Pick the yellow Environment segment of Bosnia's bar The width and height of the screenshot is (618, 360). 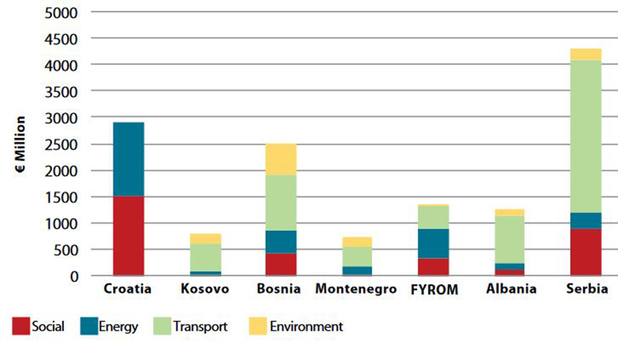pyautogui.click(x=281, y=159)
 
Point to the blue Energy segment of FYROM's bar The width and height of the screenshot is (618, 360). pyautogui.click(x=433, y=243)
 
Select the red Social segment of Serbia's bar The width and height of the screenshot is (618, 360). pyautogui.click(x=586, y=251)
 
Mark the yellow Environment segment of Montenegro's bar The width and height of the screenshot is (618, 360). pyautogui.click(x=357, y=241)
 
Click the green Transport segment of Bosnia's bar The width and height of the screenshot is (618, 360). pyautogui.click(x=281, y=202)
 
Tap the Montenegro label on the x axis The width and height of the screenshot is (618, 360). pyautogui.click(x=357, y=290)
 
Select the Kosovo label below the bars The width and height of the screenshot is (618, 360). pyautogui.click(x=205, y=290)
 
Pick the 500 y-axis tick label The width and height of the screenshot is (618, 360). pyautogui.click(x=68, y=249)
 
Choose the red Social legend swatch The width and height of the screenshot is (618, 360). pyautogui.click(x=20, y=327)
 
